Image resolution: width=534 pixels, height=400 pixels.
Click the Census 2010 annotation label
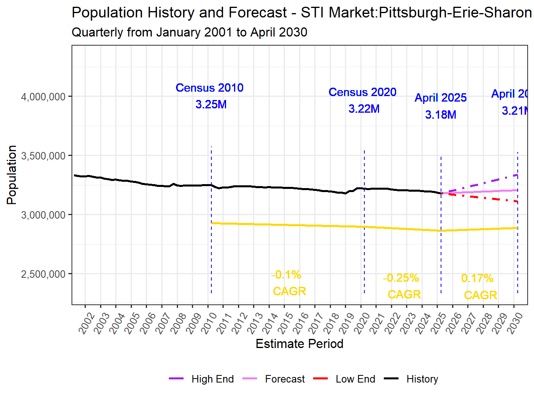coord(209,88)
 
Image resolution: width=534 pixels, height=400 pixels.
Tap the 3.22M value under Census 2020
coord(364,109)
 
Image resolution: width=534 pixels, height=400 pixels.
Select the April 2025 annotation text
coord(441,98)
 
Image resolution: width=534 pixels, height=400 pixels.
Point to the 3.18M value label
coord(441,115)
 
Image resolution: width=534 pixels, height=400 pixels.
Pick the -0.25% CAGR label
coord(402,286)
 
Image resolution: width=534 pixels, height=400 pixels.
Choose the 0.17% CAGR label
coord(479,287)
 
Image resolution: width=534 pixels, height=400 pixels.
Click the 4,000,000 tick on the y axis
coord(43,97)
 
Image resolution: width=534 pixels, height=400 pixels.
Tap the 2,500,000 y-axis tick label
coord(43,274)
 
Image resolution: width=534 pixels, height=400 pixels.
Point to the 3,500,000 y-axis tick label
coord(43,156)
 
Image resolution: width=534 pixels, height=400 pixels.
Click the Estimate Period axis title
coord(299,344)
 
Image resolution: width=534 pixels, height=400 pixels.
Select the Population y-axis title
coord(12,175)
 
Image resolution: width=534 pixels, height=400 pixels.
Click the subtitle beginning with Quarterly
coord(189,32)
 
